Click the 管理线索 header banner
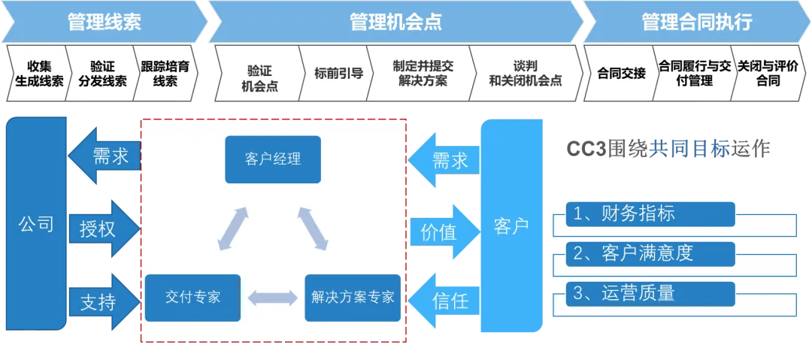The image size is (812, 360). point(104,22)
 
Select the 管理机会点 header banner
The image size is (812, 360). point(395,22)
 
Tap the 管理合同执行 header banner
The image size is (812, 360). point(695,22)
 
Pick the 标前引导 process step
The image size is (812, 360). point(338,74)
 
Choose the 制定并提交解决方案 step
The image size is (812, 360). point(423,74)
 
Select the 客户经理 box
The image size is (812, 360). point(272,159)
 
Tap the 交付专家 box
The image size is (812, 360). point(192,298)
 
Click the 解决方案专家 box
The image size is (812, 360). point(353,298)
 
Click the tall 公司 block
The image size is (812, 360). point(35,223)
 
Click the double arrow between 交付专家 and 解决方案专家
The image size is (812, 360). point(272,298)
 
